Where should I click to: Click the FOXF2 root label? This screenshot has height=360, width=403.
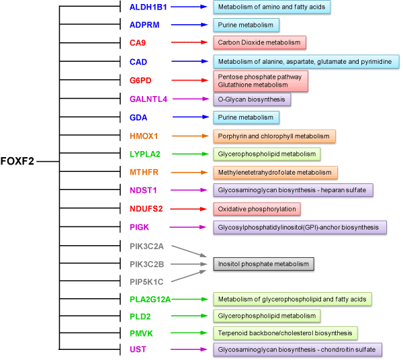[18, 162]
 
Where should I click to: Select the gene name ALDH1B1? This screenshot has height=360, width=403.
[148, 7]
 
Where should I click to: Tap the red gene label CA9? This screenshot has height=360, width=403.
[138, 43]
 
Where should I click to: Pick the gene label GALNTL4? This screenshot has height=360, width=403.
[148, 99]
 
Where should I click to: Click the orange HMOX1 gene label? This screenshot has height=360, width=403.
[144, 136]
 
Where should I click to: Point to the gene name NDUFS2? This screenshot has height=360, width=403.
[146, 208]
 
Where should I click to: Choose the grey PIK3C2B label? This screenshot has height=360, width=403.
[146, 263]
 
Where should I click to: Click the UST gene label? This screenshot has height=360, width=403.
[138, 349]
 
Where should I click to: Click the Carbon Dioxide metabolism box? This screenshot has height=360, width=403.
[259, 43]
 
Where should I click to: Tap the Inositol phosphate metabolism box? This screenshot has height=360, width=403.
[264, 263]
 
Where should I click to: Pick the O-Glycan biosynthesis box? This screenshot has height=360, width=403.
[252, 99]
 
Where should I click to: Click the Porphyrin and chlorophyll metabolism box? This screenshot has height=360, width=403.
[274, 136]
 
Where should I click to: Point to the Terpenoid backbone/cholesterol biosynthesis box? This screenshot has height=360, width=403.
[285, 332]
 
